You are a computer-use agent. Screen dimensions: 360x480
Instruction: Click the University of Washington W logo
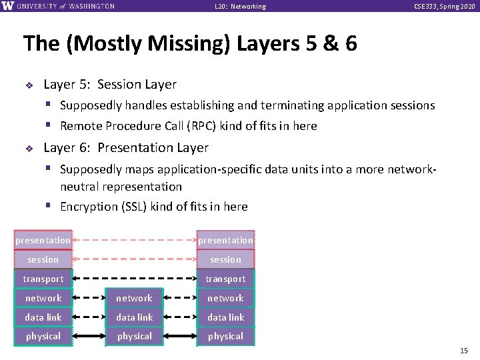click(x=7, y=6)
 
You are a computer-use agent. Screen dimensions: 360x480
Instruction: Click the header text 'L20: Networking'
click(x=240, y=7)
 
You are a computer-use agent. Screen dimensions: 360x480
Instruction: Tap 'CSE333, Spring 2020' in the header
click(x=445, y=7)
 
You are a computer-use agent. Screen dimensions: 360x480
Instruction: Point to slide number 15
click(x=464, y=351)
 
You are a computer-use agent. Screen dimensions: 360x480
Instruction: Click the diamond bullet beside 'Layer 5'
click(x=29, y=85)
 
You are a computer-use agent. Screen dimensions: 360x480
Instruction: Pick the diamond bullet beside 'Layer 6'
click(x=29, y=149)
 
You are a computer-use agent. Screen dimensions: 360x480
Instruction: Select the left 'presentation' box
click(x=43, y=240)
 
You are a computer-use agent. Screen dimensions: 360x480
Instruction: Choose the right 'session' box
click(x=225, y=259)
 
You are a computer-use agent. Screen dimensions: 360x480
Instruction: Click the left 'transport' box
click(x=43, y=279)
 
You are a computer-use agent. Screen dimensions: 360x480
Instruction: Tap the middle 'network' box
click(x=134, y=298)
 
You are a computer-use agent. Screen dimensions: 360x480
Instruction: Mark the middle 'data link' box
click(x=134, y=317)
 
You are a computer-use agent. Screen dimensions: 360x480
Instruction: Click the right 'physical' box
click(x=225, y=336)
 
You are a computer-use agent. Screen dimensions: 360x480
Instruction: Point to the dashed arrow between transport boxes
click(x=133, y=279)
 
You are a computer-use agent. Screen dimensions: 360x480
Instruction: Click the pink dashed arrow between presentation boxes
click(x=133, y=240)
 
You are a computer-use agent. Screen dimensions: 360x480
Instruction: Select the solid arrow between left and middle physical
click(x=89, y=336)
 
